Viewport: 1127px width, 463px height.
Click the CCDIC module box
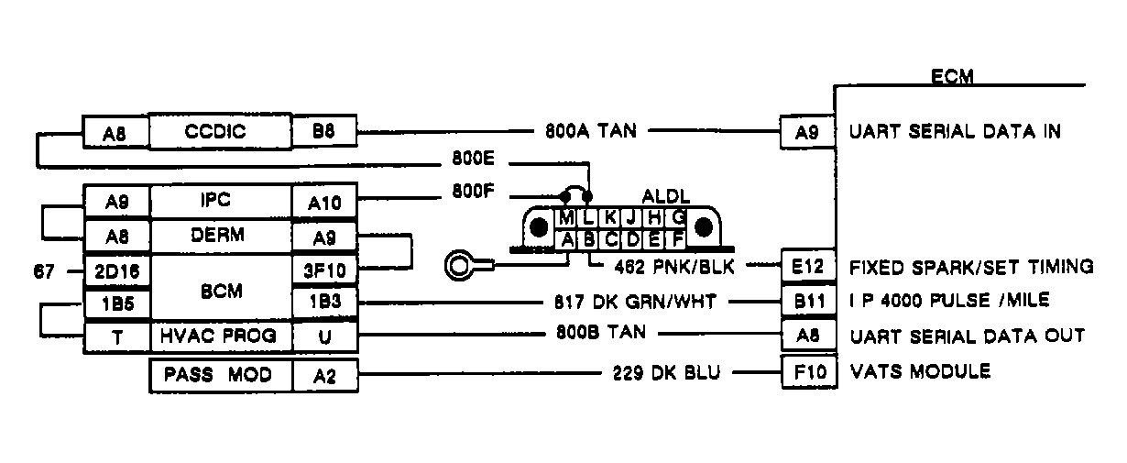click(x=219, y=132)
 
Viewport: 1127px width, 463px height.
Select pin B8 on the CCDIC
click(x=323, y=132)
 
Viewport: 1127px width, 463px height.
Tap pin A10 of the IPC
click(x=323, y=202)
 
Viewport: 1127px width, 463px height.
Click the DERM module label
click(x=219, y=235)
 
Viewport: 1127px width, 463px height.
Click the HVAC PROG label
click(x=219, y=336)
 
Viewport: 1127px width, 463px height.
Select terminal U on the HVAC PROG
click(x=323, y=336)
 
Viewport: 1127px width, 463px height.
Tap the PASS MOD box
click(x=219, y=375)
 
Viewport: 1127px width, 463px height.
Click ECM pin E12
click(x=807, y=267)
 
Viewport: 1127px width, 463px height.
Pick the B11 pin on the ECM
click(x=807, y=301)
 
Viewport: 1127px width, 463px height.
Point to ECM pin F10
click(x=807, y=373)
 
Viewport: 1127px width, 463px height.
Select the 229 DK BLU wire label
click(x=667, y=374)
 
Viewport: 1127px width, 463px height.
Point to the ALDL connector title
click(x=665, y=197)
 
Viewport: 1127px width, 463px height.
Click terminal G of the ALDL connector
click(x=678, y=218)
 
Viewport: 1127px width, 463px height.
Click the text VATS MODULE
click(x=920, y=372)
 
